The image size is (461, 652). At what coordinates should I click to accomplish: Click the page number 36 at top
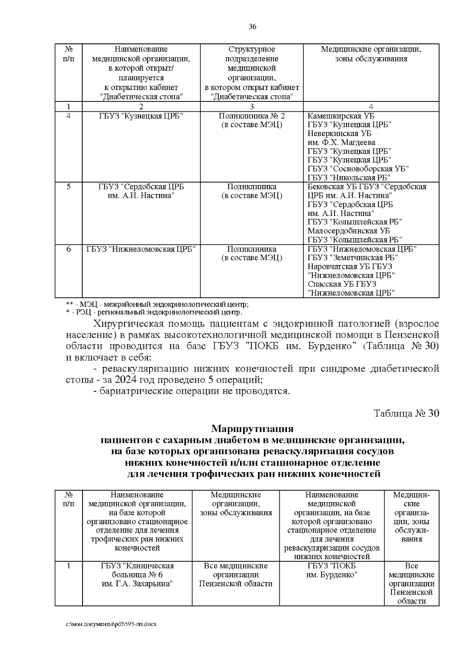[x=252, y=27]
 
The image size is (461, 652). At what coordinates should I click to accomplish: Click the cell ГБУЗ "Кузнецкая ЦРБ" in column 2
[x=141, y=116]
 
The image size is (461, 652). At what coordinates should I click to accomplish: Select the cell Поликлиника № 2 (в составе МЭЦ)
[x=252, y=120]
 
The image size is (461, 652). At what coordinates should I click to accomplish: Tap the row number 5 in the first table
[x=68, y=187]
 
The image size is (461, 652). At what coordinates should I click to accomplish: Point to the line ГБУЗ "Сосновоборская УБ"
[x=358, y=169]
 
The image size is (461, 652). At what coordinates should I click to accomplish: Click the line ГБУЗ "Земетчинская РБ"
[x=353, y=258]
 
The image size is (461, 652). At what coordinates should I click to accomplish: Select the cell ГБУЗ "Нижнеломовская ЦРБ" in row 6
[x=141, y=249]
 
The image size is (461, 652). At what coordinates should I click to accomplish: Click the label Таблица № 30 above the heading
[x=406, y=413]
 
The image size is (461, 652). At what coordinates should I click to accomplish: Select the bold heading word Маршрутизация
[x=252, y=428]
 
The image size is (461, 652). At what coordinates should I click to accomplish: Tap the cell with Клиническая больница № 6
[x=137, y=575]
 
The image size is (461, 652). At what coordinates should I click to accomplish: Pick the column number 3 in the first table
[x=252, y=106]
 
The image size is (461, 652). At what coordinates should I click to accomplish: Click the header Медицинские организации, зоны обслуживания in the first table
[x=371, y=54]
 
